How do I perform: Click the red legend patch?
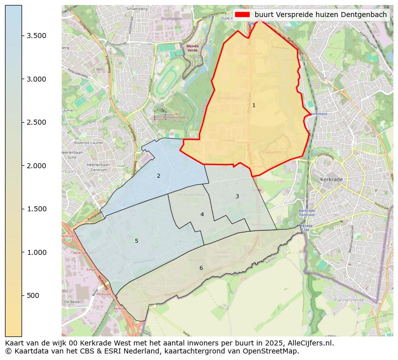click(x=243, y=15)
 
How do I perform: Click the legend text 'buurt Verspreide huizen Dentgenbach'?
click(x=321, y=15)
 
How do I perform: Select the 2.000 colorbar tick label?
click(x=37, y=166)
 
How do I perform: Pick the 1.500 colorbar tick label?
click(x=37, y=209)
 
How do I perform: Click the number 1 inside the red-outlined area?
click(x=254, y=105)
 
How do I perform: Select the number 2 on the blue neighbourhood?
click(x=158, y=176)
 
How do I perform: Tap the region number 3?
click(x=237, y=196)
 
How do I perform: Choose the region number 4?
click(x=202, y=214)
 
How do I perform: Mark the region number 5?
click(x=136, y=241)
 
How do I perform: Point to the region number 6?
click(x=201, y=268)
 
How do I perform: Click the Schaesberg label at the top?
click(x=137, y=9)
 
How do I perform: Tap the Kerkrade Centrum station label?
click(x=306, y=212)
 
